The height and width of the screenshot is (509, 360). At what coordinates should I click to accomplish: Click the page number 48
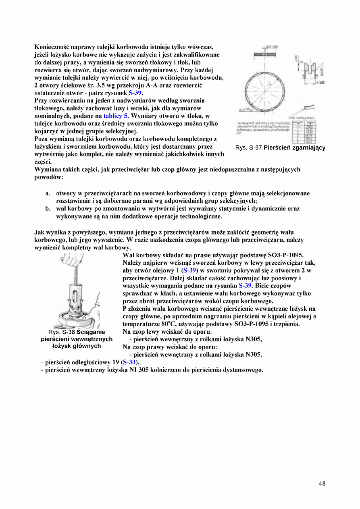click(x=322, y=484)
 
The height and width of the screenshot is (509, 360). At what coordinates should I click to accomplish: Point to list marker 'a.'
click(x=48, y=193)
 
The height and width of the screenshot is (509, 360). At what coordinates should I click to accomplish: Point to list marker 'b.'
click(x=48, y=208)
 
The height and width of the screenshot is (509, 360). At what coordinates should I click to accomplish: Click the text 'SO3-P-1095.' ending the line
click(x=286, y=255)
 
